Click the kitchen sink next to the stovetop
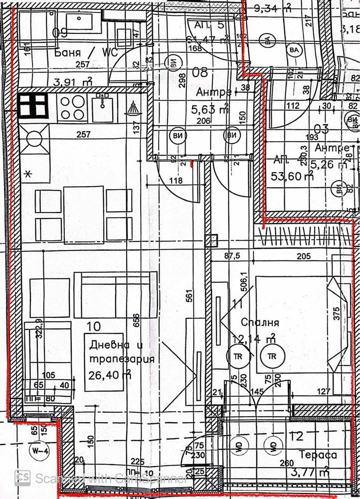click(102, 106)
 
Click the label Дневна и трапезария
click(121, 352)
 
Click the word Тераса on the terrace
click(318, 455)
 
